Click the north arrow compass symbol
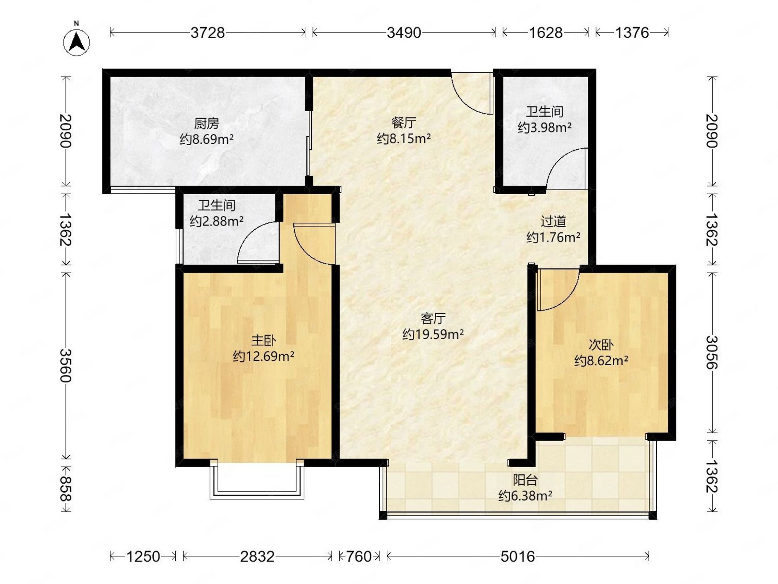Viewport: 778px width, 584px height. coord(76,42)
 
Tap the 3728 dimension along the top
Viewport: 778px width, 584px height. coord(207,33)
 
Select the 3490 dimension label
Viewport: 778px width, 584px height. coord(404,33)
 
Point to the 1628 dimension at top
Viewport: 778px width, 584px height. coord(546,33)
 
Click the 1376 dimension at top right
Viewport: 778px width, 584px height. coord(632,33)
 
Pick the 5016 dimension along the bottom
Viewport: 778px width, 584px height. coord(517,556)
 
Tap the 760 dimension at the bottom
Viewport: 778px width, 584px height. coord(359,556)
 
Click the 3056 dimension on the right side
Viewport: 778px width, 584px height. coord(712,352)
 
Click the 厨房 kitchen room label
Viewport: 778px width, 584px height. coord(206,124)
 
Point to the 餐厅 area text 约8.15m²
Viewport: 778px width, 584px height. coord(404,139)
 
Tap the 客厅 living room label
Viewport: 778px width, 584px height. coord(433,319)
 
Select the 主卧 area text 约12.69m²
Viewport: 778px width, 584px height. coord(264,357)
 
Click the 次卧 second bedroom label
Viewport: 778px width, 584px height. coord(601,345)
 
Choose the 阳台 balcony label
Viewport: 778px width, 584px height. coord(525,480)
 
